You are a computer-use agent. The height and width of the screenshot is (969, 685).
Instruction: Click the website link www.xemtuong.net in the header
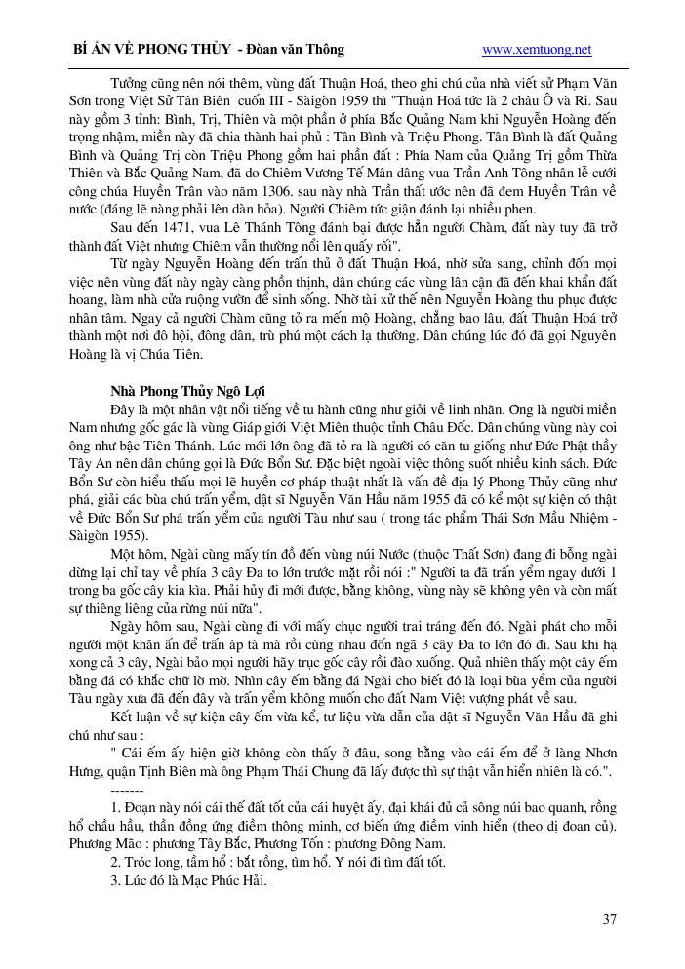(x=537, y=50)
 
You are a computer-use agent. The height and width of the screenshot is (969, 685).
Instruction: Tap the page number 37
(x=610, y=919)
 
